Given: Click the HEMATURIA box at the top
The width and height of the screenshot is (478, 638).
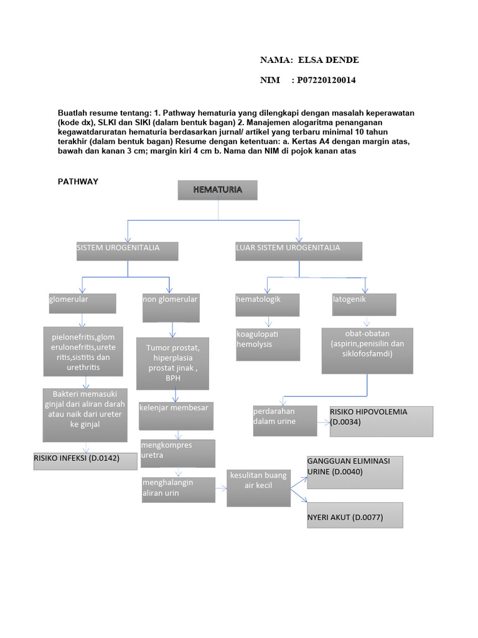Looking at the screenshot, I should pos(217,190).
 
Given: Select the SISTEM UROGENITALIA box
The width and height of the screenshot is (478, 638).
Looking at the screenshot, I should pos(128,250).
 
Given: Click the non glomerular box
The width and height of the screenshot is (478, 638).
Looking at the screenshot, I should pos(171,308).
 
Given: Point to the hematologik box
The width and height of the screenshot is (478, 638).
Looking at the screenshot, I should pos(268,305).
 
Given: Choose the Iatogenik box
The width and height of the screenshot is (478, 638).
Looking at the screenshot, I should pos(364,305).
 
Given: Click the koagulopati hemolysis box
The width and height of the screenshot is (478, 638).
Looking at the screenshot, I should pos(268,344).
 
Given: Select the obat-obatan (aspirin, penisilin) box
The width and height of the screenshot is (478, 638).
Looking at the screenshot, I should pos(367,351).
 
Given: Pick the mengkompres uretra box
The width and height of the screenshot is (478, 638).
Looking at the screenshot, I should pos(178,453).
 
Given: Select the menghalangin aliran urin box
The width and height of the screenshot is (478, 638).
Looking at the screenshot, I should pos(178,489).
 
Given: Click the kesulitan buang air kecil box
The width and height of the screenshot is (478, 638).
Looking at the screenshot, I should pos(258,487).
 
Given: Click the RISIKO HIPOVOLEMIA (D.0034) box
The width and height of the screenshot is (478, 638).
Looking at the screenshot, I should pos(381,421).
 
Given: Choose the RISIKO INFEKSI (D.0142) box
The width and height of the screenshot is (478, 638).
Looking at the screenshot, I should pos(85,460).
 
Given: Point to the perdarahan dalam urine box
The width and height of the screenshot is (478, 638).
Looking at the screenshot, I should pos(284,421).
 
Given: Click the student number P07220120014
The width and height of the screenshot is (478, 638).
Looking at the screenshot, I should pos(327,80).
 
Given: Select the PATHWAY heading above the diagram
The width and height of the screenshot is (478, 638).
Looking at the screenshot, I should pos(78,182).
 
